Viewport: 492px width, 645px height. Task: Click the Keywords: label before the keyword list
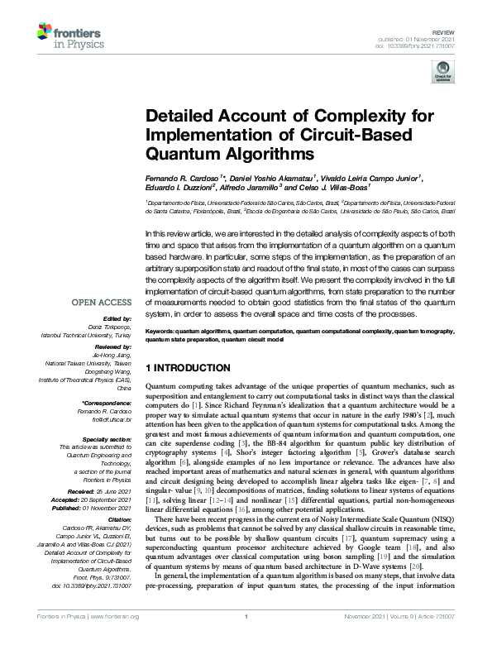pos(162,330)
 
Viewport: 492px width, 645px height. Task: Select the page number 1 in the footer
pos(246,638)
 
